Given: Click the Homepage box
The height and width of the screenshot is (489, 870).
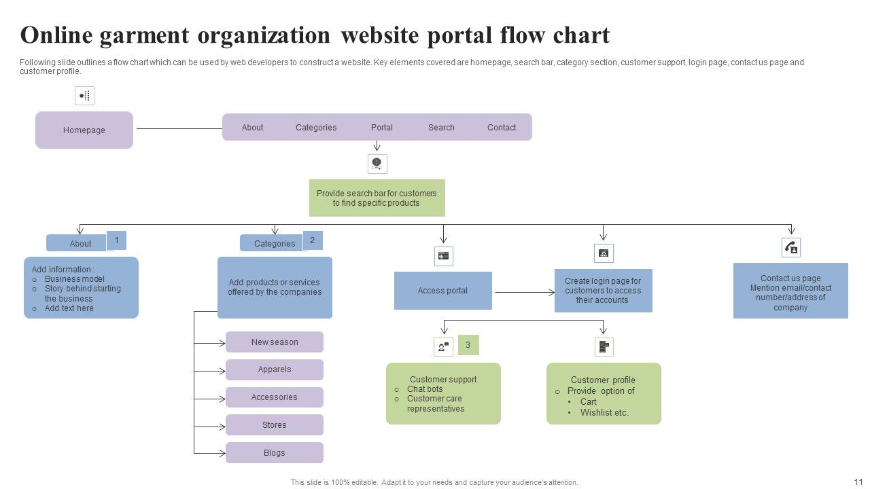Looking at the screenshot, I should pyautogui.click(x=84, y=130).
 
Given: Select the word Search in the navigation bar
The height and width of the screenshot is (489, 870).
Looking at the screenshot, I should pyautogui.click(x=441, y=127).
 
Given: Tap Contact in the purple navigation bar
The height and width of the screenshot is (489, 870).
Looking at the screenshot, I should pyautogui.click(x=502, y=127).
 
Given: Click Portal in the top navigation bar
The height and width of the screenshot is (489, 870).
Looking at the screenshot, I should pyautogui.click(x=382, y=127).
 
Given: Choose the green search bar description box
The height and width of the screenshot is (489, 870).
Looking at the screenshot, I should pyautogui.click(x=377, y=198).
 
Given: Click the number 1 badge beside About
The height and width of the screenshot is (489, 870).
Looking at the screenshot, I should pyautogui.click(x=116, y=240).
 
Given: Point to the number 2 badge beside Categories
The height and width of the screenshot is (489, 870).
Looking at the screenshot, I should pyautogui.click(x=313, y=240).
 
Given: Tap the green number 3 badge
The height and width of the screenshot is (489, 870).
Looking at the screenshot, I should pyautogui.click(x=468, y=345).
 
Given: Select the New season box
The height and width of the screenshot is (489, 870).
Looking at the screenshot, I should pyautogui.click(x=275, y=342).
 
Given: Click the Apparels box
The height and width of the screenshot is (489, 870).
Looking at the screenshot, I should pyautogui.click(x=275, y=369).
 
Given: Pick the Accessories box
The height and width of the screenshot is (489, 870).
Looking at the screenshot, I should pyautogui.click(x=275, y=397).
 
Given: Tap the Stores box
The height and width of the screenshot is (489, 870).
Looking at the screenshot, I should pyautogui.click(x=275, y=425).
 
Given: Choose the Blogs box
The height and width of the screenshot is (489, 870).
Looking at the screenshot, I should pyautogui.click(x=275, y=453).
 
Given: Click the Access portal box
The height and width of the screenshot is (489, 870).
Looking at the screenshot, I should pyautogui.click(x=442, y=291).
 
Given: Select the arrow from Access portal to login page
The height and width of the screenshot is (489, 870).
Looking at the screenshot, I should pyautogui.click(x=524, y=292).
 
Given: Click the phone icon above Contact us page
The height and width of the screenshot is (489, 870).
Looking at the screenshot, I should pyautogui.click(x=791, y=248).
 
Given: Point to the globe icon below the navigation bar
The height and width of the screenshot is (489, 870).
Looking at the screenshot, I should pyautogui.click(x=377, y=164).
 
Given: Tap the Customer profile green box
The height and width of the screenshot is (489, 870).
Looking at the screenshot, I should pyautogui.click(x=604, y=393).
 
